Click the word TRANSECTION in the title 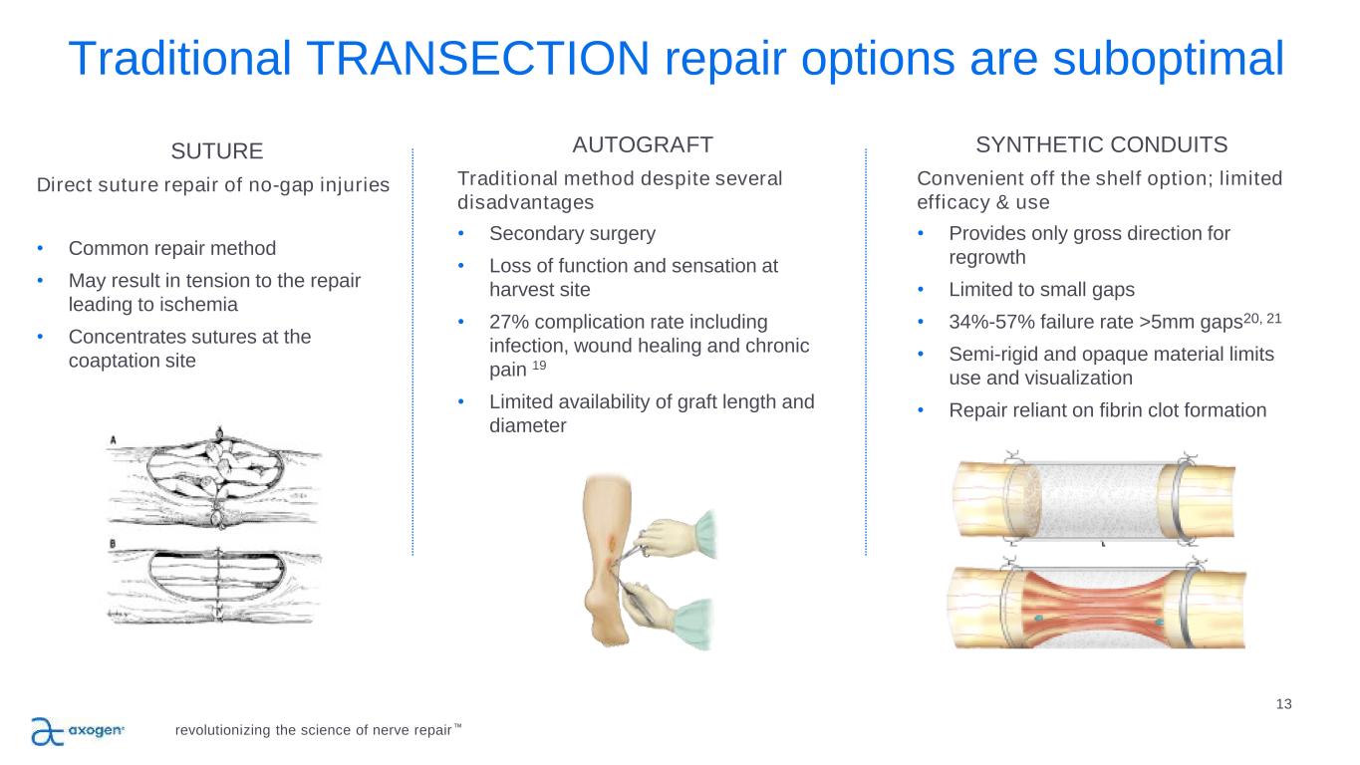478,59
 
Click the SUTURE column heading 217,151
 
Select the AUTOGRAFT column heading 643,145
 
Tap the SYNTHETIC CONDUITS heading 1101,145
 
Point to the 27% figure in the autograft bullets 509,322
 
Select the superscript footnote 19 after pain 539,366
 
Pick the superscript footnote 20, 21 1262,318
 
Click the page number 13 1283,703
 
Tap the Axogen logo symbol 48,731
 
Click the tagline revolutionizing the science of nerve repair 313,730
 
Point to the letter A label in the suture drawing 113,439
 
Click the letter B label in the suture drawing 113,544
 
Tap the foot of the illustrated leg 607,620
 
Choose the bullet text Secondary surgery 573,234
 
